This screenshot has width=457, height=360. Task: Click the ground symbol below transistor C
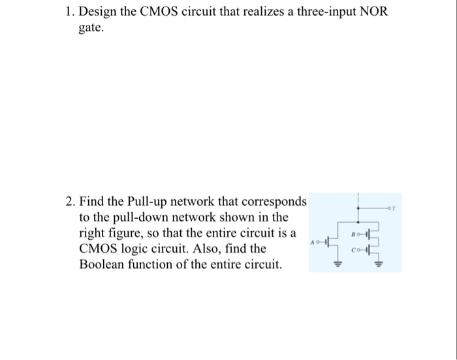pos(377,264)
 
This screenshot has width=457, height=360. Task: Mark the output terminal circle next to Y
pos(390,208)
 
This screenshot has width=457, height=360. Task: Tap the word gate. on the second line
pos(92,30)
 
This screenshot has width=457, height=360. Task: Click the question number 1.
pos(69,14)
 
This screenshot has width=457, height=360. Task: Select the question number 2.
pos(69,200)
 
